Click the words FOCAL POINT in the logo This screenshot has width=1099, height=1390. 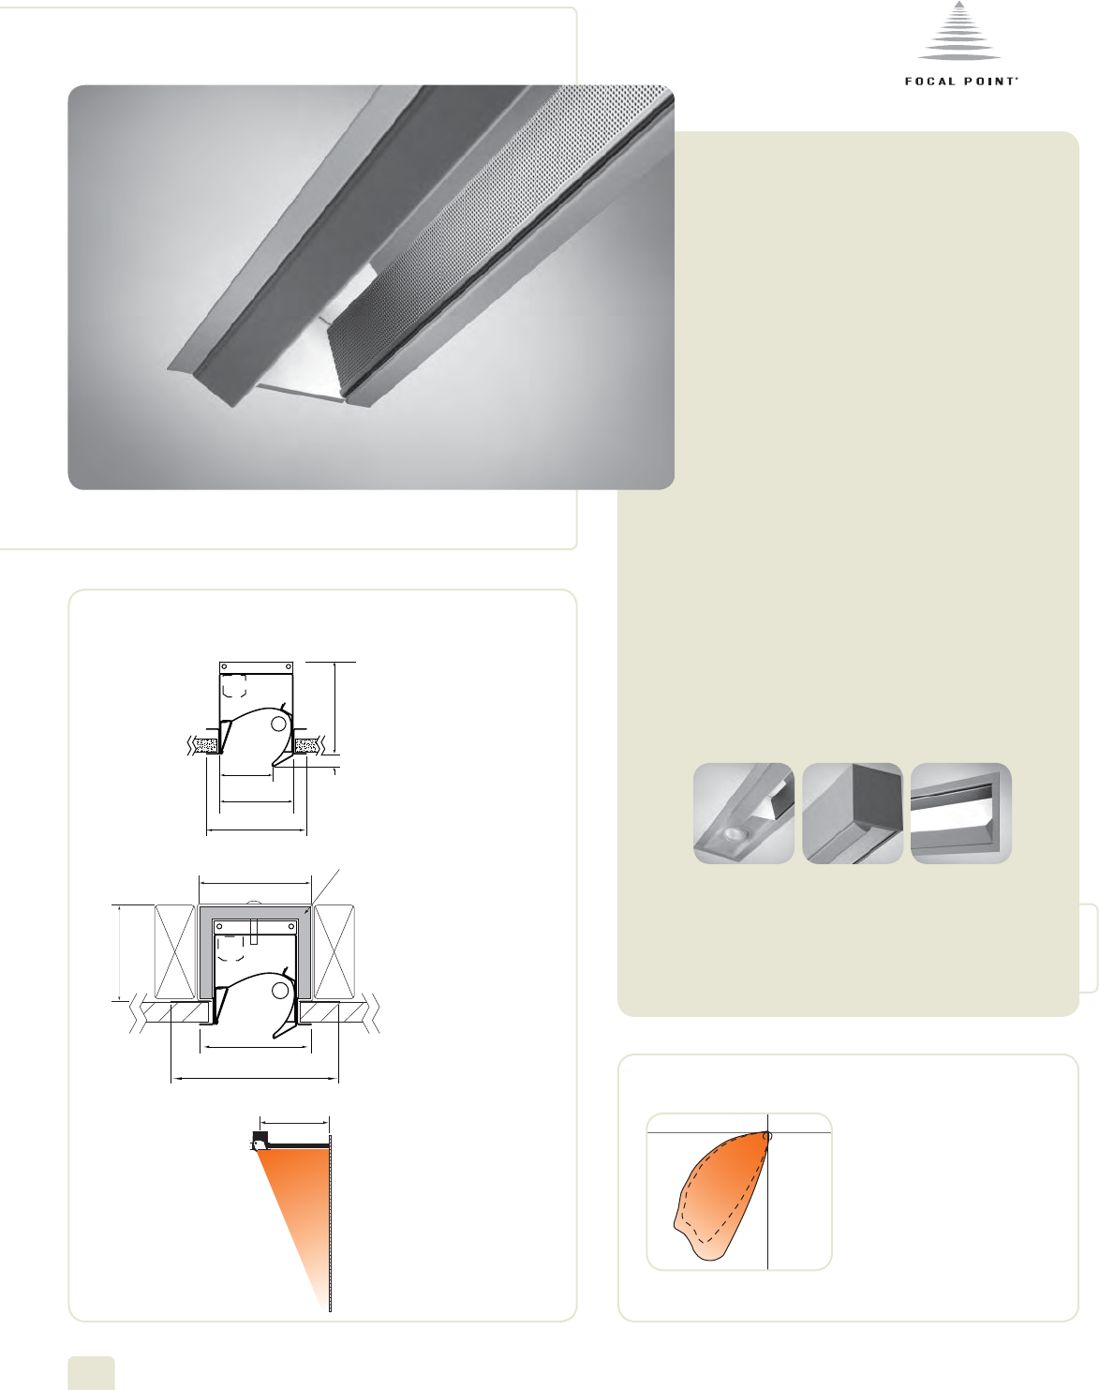click(961, 82)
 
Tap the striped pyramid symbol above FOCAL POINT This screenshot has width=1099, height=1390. click(959, 32)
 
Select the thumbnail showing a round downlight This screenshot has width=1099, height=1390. click(743, 814)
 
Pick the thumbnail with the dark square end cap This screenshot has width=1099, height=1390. click(853, 814)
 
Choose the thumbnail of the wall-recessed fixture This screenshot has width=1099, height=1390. click(961, 814)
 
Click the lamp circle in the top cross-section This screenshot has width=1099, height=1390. click(278, 725)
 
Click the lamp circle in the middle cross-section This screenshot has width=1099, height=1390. click(280, 990)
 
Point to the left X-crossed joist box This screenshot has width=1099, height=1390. click(174, 952)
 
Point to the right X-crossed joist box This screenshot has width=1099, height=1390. click(334, 952)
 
